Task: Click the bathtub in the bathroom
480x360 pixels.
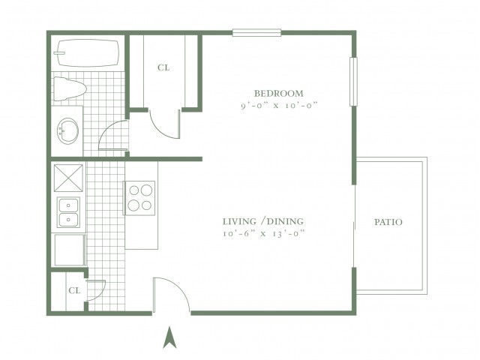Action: tap(87, 52)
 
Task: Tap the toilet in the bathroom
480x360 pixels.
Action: tap(70, 88)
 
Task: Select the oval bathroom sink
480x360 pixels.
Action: tap(67, 130)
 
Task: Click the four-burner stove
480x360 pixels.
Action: tap(139, 198)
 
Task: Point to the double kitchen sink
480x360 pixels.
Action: tap(68, 212)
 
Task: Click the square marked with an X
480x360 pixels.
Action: tap(68, 178)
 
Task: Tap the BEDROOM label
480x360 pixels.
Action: tap(278, 93)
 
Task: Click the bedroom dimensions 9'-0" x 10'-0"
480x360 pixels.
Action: tap(279, 106)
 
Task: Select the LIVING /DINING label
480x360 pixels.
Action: tap(263, 221)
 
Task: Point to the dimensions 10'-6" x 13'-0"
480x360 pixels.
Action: tap(264, 233)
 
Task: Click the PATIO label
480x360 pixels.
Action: tap(388, 222)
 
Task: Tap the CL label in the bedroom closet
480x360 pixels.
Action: tap(163, 67)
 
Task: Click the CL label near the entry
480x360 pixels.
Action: tap(74, 290)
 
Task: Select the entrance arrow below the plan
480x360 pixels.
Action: tap(169, 337)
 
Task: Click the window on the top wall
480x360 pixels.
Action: tap(256, 32)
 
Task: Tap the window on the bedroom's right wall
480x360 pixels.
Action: tap(353, 82)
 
